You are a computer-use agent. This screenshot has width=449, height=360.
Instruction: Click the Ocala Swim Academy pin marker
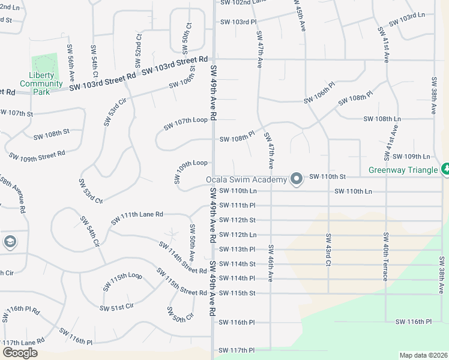(x=296, y=179)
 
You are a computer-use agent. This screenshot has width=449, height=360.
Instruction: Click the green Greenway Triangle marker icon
(x=445, y=170)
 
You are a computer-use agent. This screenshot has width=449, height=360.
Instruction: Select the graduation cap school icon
(x=10, y=242)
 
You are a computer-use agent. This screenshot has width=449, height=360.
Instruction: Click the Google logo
(x=20, y=353)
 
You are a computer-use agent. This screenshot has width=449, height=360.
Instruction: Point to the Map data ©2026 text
(x=423, y=355)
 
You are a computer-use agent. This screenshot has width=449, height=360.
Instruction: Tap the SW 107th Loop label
(x=185, y=124)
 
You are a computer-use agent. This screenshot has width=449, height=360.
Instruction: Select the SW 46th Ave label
(x=271, y=264)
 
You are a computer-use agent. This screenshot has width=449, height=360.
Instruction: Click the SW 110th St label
(x=327, y=177)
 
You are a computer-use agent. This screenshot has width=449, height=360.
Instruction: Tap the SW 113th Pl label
(x=237, y=250)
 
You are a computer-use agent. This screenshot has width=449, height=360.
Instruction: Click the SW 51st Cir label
(x=116, y=307)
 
